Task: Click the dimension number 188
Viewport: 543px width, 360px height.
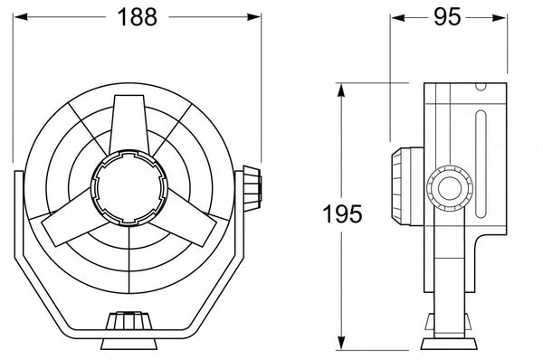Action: pos(138,16)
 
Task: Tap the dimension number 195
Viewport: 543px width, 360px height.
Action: pos(342,214)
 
